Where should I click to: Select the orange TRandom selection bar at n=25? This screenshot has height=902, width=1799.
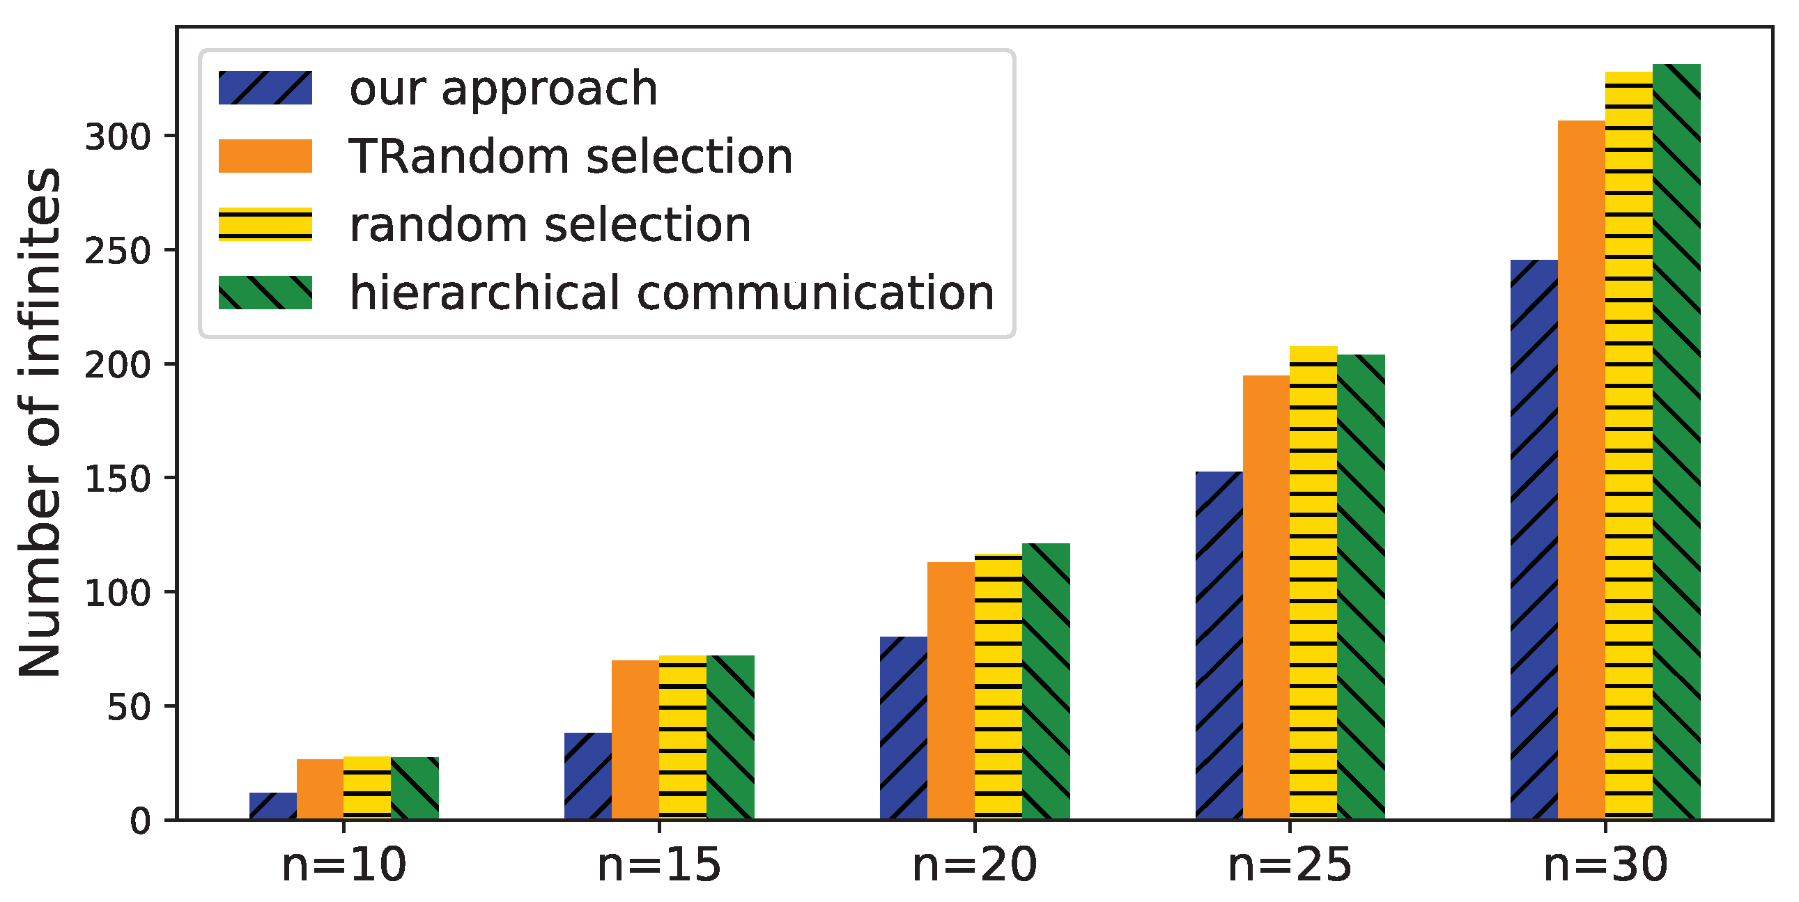tap(1265, 597)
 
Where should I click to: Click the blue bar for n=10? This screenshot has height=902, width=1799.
tap(272, 806)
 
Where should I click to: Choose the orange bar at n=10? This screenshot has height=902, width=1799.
tap(320, 789)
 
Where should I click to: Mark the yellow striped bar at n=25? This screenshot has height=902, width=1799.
tap(1313, 582)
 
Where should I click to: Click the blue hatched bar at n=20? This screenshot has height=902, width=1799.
tap(903, 727)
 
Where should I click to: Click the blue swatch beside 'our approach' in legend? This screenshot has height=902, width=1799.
tap(265, 88)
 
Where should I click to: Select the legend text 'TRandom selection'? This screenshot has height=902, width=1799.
tap(571, 157)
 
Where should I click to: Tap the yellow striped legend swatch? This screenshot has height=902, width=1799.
tap(265, 224)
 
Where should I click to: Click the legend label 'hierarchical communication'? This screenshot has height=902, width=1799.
tap(672, 293)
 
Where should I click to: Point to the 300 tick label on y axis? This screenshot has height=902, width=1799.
tap(117, 137)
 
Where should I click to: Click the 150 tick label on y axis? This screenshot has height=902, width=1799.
tap(117, 479)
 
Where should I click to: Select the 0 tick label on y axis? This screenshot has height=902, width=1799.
tap(139, 821)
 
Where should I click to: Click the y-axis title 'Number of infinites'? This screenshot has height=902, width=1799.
tap(40, 422)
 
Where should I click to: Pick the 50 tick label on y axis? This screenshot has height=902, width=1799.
tap(128, 707)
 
